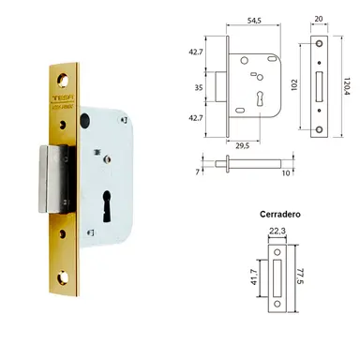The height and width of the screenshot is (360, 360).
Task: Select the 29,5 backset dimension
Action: point(241,146)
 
